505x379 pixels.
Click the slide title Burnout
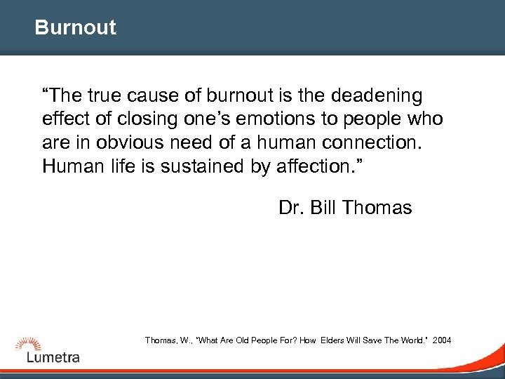[75, 28]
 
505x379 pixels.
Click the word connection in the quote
[378, 142]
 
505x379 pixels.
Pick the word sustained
[203, 166]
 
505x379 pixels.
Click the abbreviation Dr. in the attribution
[290, 208]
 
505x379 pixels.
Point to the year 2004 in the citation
[443, 340]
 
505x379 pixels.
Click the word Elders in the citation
[334, 340]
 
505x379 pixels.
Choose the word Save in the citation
[370, 340]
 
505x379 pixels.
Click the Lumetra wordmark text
[53, 357]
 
